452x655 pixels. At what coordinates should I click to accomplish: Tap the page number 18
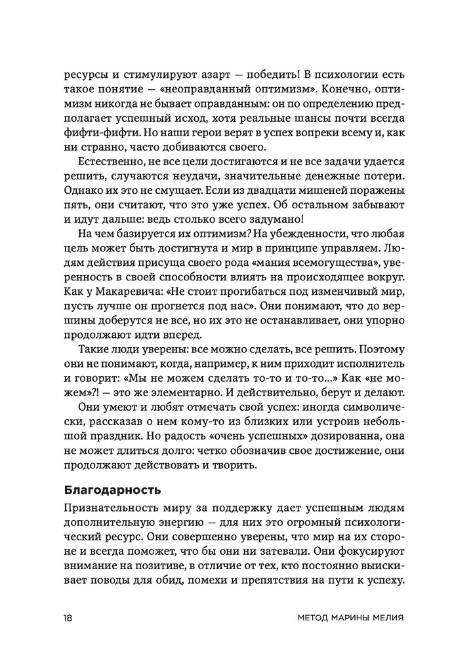[x=69, y=618]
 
